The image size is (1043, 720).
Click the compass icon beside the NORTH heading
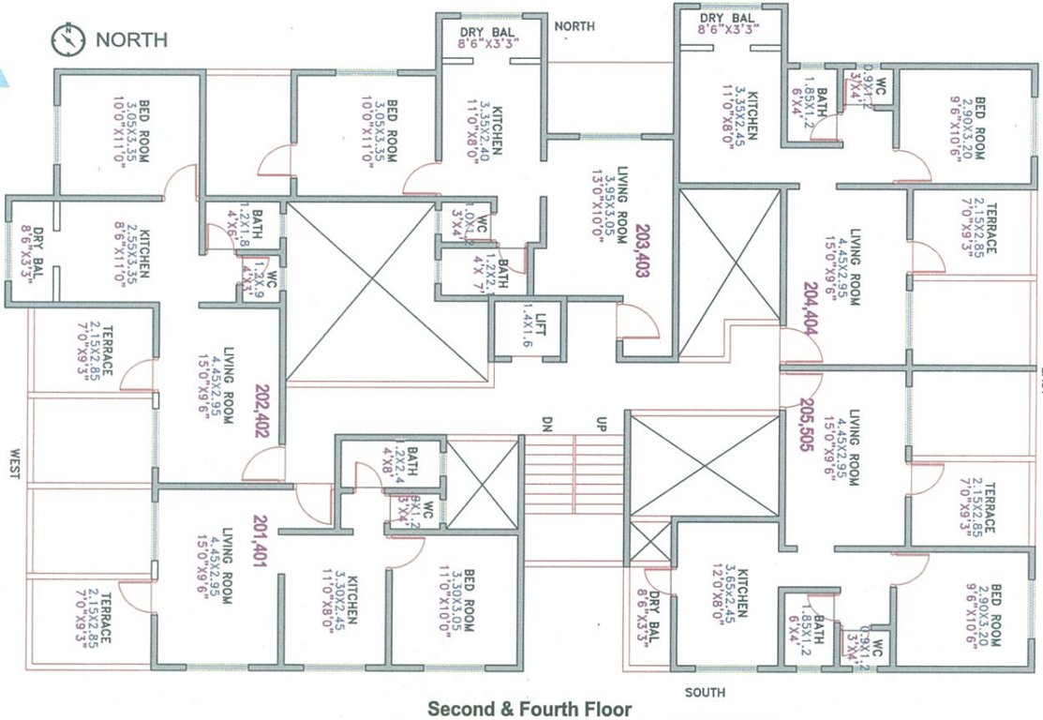pos(68,39)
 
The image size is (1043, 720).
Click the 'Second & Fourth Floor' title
pos(529,709)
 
